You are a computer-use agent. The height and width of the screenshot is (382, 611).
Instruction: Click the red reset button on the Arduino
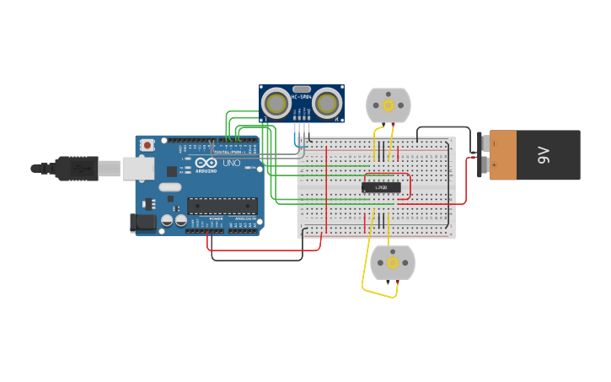(147, 145)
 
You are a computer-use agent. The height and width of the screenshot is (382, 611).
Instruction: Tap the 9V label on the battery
(544, 154)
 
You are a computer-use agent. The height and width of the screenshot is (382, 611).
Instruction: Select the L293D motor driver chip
(381, 187)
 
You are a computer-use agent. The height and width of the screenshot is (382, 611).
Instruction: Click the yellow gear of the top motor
(388, 105)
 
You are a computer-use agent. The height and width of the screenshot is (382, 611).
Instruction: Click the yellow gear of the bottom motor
(393, 262)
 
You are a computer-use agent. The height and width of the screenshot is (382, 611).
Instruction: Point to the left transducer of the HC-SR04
(276, 103)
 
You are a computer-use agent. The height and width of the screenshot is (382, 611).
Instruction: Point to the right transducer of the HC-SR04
(327, 103)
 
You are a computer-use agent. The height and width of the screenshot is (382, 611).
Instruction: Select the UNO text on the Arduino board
(231, 163)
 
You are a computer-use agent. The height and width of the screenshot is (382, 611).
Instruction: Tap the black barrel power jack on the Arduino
(144, 223)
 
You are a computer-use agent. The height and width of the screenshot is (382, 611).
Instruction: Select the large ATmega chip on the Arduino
(222, 206)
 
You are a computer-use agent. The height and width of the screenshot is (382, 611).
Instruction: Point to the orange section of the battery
(503, 154)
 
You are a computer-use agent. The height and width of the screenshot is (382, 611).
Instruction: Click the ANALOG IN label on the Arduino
(245, 218)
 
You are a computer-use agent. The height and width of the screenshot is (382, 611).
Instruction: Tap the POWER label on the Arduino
(216, 218)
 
